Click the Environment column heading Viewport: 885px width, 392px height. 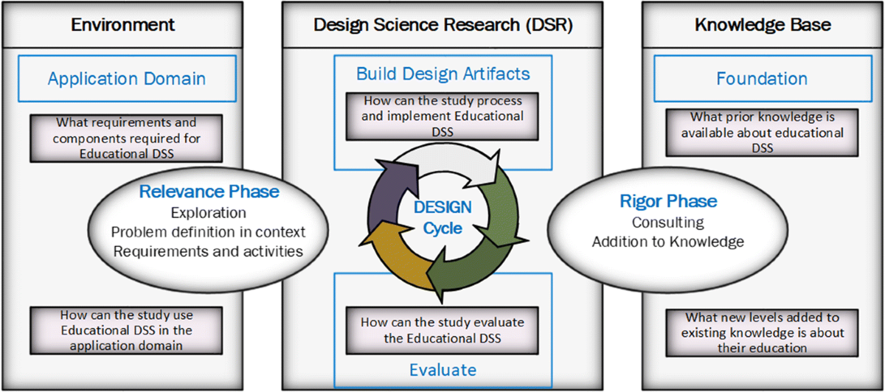(122, 25)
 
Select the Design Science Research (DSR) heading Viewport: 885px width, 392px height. (443, 25)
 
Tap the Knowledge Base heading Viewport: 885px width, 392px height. (763, 25)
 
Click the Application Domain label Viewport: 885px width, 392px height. (127, 79)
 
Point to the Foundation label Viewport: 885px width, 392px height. (762, 79)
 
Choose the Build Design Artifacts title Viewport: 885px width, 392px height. (443, 74)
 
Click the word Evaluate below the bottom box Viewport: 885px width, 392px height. (443, 370)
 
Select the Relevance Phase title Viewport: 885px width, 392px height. (209, 192)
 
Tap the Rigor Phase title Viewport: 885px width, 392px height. (668, 201)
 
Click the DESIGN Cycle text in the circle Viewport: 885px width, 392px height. (442, 217)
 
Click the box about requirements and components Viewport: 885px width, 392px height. (126, 139)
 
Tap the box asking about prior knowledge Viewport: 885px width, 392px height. (762, 133)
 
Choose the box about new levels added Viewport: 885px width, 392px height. (762, 333)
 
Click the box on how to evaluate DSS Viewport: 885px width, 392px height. (442, 330)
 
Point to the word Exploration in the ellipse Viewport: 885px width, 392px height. (209, 213)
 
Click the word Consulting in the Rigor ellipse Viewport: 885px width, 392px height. (667, 223)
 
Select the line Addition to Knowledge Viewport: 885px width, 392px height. (667, 242)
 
